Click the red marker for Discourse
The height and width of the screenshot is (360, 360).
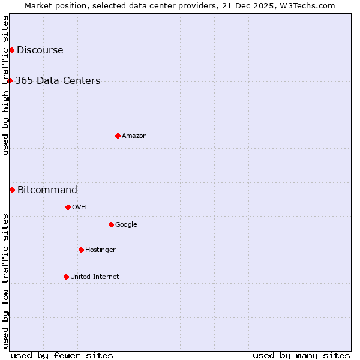[11, 50]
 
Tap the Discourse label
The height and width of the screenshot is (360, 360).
[40, 50]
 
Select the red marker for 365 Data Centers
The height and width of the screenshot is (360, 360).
[10, 80]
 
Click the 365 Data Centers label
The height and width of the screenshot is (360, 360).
[58, 81]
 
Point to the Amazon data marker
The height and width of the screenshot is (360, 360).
[118, 136]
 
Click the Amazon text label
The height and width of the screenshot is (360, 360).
[134, 136]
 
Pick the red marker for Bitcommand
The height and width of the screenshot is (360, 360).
[12, 190]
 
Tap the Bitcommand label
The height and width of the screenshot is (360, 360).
[47, 190]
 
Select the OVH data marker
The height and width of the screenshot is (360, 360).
[68, 207]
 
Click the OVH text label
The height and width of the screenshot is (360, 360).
[79, 208]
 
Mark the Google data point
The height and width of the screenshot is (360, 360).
[111, 224]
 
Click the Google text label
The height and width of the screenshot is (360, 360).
[126, 225]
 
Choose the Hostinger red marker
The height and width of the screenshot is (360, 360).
[81, 250]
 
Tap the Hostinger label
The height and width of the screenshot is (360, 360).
[100, 250]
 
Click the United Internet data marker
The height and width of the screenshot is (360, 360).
[66, 277]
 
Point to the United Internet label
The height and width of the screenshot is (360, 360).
[94, 277]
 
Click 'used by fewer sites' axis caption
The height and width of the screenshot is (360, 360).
[62, 355]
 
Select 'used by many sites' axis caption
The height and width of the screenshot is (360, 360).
[301, 355]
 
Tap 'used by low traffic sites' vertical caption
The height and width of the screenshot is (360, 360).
[6, 280]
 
